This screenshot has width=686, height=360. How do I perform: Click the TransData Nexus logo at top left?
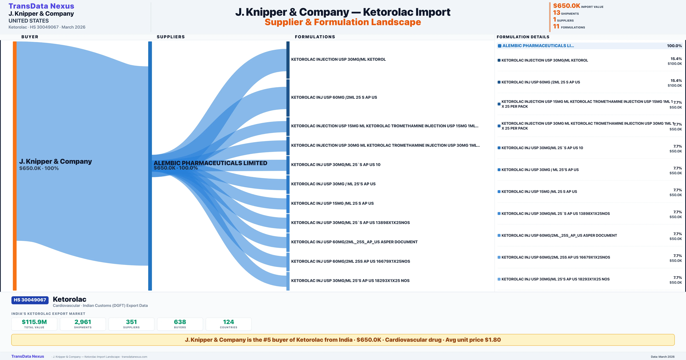click(x=41, y=6)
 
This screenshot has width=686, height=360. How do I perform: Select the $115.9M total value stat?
click(x=34, y=322)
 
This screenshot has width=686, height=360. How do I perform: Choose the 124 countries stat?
click(x=229, y=322)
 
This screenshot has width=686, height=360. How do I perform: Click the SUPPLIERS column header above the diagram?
click(x=170, y=37)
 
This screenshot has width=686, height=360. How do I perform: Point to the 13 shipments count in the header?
click(x=557, y=13)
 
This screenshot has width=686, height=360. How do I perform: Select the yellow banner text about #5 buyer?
click(x=343, y=340)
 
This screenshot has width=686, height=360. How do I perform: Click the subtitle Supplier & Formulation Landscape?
click(x=343, y=22)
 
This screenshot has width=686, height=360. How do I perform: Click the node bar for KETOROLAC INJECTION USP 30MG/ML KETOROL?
click(x=288, y=60)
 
